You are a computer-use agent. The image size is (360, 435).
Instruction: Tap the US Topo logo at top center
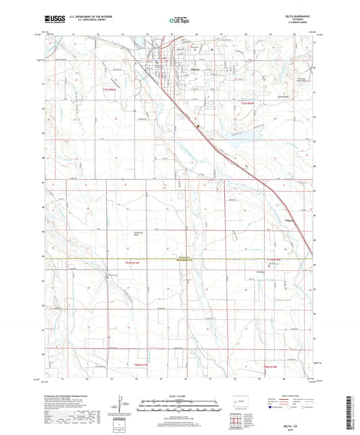tap(179, 21)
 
